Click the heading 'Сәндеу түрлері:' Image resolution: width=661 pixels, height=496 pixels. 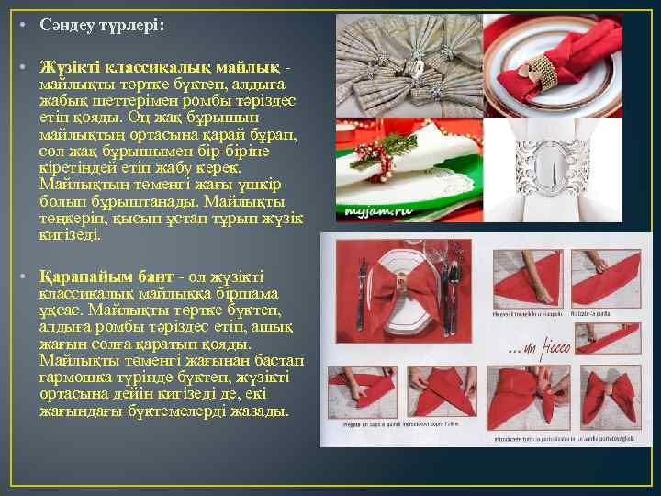(102, 26)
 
